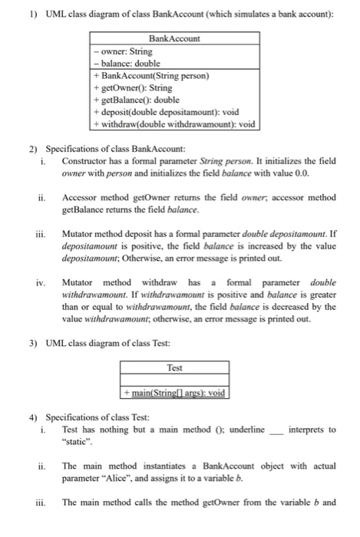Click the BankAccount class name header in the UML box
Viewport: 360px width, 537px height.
pos(173,38)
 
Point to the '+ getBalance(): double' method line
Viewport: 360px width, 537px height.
pos(135,99)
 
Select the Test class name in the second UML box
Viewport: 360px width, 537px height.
pos(174,367)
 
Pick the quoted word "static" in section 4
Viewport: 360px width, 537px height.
pos(78,442)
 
